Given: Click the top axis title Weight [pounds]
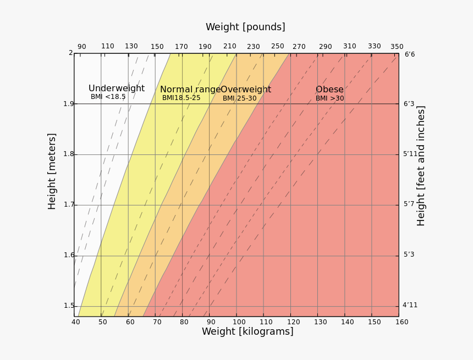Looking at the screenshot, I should pos(245,27).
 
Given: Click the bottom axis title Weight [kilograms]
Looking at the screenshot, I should pos(248,331).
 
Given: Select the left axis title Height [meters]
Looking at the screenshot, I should pos(52,171).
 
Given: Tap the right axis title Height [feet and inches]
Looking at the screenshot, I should pos(421,165).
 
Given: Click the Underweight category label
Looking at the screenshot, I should pos(117,88).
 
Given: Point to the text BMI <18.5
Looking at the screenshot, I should pos(108,97).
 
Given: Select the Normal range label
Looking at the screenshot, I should pos(190,90).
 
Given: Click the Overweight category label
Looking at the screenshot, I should pos(246,90).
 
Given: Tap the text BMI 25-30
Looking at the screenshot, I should pos(239,98).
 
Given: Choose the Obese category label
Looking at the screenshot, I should pos(329,90).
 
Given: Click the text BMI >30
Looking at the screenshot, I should pos(329,98).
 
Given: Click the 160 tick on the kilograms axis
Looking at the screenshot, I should pos(402,322).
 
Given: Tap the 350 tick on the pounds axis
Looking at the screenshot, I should pos(397,47).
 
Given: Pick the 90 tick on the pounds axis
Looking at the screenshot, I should pos(81,47).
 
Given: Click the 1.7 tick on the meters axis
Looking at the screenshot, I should pos(68,204).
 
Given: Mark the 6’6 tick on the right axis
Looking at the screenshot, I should pos(410,54).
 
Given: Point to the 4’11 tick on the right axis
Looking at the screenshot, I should pos(410,305).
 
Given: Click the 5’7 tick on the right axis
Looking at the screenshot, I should pos(409,204).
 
